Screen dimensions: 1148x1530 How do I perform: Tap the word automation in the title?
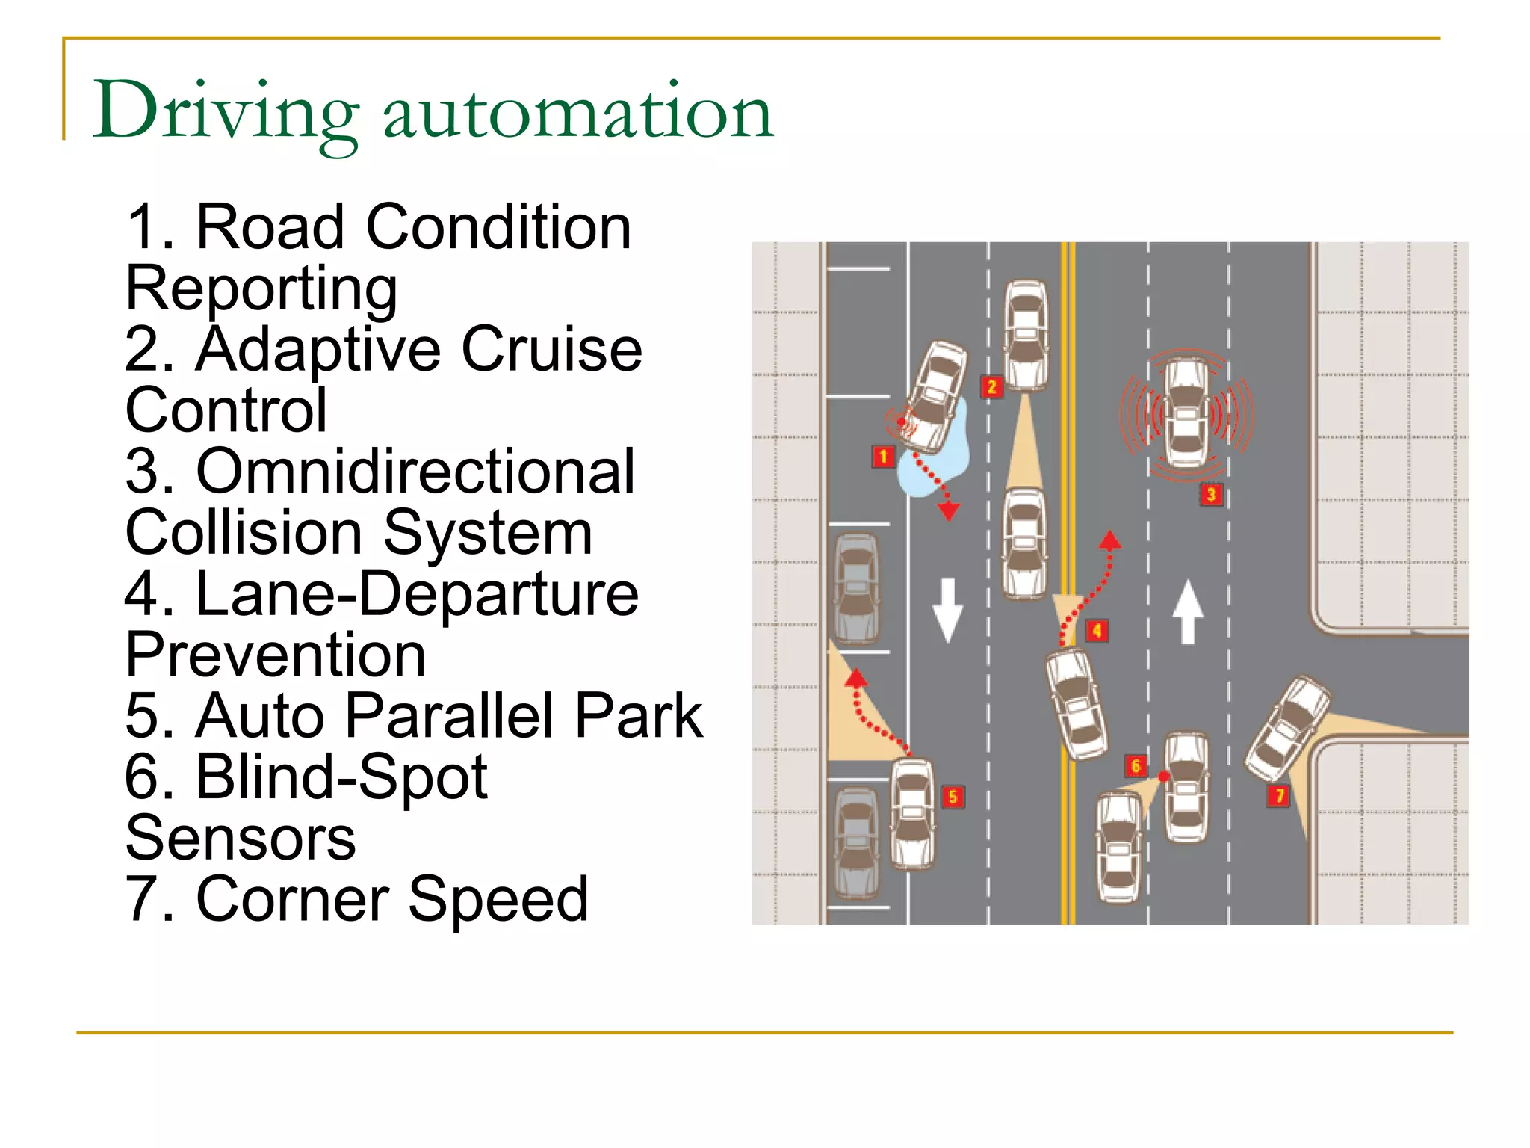577,112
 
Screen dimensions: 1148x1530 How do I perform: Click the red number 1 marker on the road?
883,456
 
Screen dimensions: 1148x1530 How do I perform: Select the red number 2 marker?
991,386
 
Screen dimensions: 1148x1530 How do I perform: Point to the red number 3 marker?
1211,494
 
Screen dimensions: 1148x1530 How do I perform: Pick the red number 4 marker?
1097,630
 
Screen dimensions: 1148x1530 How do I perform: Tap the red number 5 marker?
953,797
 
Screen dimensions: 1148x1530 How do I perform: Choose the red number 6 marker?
1136,765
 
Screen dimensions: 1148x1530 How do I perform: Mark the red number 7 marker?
1279,795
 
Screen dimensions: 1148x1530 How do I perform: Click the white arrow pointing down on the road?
948,609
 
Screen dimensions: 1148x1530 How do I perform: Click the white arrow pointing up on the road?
1188,612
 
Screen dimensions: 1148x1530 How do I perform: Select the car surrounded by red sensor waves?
1186,413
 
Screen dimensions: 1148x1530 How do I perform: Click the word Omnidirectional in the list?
415,472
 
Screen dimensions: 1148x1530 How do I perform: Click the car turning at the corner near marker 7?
1286,729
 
